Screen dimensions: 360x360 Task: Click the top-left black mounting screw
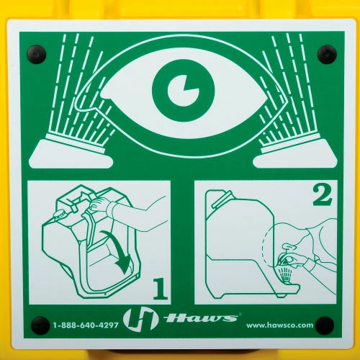click(x=37, y=55)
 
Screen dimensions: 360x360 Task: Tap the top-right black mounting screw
click(x=327, y=54)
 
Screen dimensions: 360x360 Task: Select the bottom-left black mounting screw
click(x=40, y=326)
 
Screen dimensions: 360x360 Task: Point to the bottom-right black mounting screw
click(x=325, y=325)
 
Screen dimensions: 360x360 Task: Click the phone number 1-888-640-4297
click(x=86, y=325)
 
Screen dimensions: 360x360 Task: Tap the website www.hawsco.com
click(x=280, y=325)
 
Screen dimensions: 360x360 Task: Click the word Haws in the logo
click(x=201, y=318)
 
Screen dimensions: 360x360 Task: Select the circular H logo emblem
click(x=140, y=320)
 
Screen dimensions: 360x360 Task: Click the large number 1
click(x=161, y=289)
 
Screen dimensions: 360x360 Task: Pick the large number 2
click(x=323, y=194)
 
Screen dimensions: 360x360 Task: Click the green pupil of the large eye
click(x=184, y=91)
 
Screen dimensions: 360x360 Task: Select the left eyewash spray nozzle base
click(x=71, y=152)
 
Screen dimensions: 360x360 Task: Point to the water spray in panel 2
click(x=285, y=274)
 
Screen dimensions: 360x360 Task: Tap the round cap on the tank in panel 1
click(x=60, y=214)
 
